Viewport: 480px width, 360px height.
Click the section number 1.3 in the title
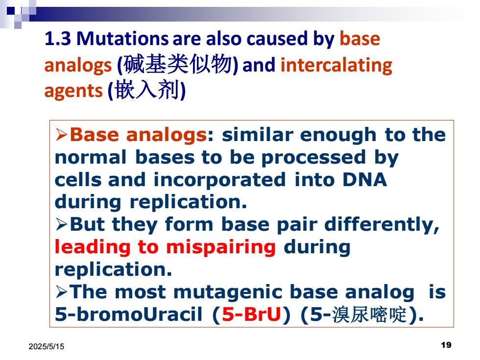[58, 39]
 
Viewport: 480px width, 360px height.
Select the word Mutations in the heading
[122, 39]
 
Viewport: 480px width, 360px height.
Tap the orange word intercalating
[336, 66]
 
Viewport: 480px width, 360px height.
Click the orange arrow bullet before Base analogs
[62, 135]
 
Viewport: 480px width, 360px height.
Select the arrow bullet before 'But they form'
[62, 224]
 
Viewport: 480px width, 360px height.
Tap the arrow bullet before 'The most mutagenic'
[62, 292]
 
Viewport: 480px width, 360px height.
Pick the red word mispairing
[221, 247]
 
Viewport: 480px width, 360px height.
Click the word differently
[382, 225]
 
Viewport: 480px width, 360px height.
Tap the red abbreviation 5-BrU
[251, 314]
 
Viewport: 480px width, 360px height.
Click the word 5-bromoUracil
[128, 314]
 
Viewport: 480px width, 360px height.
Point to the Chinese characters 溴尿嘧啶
[369, 314]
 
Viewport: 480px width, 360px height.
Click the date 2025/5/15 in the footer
[47, 347]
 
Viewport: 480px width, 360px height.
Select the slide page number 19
[446, 345]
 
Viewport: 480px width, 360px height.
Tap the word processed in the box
[313, 158]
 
